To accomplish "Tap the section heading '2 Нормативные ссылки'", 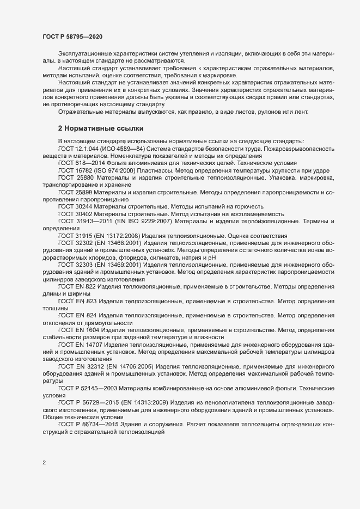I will (101, 128).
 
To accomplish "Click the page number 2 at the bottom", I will (44, 463).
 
